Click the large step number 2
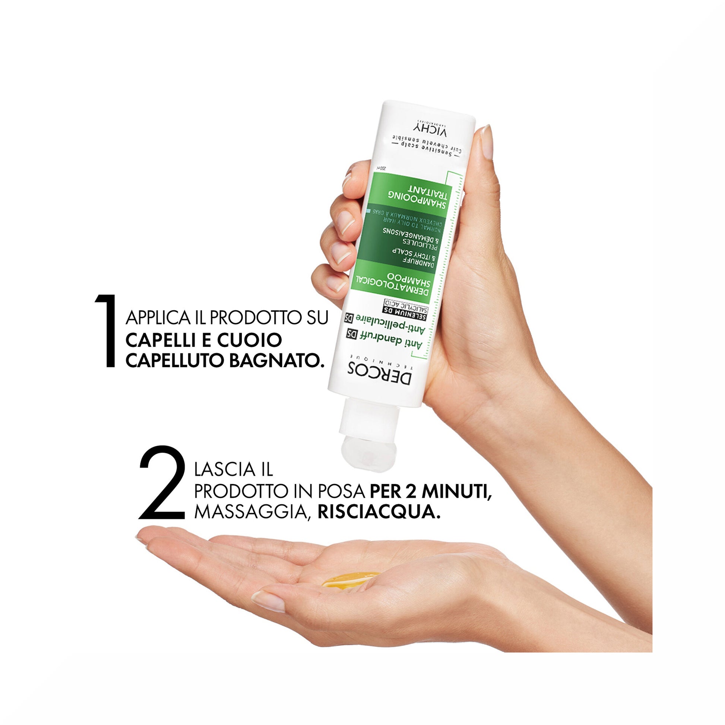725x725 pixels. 162,482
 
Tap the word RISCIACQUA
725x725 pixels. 379,512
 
